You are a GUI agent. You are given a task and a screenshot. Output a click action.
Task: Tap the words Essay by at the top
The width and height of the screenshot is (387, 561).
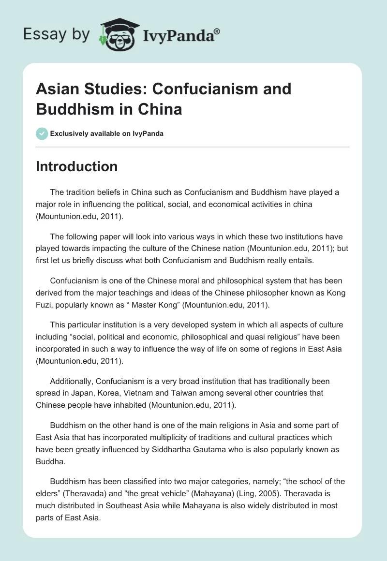click(56, 34)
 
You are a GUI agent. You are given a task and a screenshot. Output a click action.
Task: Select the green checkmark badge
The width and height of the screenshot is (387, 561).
click(42, 133)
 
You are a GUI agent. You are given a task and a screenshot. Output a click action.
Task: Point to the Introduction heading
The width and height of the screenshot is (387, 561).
click(77, 166)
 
